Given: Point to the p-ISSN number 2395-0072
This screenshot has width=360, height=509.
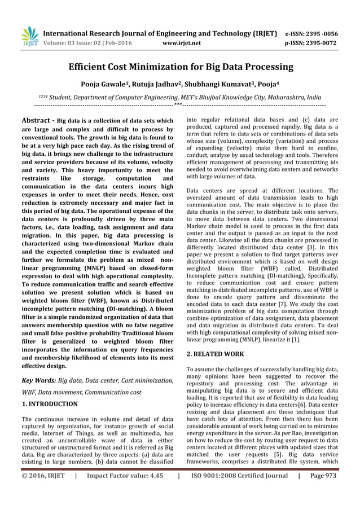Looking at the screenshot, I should tap(322, 41).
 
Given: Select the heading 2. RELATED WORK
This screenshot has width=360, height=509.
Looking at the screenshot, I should tap(215, 354).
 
